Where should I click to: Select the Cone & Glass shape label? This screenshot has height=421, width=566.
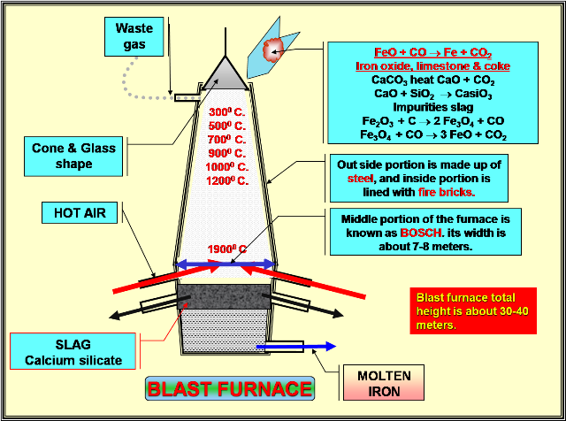[73, 156]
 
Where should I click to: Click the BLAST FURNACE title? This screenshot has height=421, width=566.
[230, 389]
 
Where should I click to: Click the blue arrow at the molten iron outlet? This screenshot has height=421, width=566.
[305, 348]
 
